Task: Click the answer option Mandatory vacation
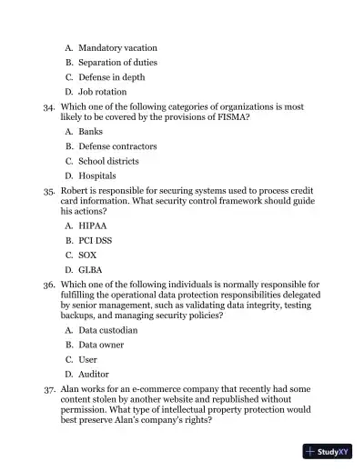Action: tap(117, 47)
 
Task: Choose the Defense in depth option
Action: tap(111, 77)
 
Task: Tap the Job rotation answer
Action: tap(103, 92)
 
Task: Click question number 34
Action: tap(49, 106)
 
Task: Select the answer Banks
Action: tap(91, 132)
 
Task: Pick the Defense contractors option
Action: tap(117, 145)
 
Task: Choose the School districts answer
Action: tap(110, 161)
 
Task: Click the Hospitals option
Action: tap(97, 175)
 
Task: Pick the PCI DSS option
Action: tap(96, 240)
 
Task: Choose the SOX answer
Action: tap(87, 256)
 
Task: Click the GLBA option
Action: tap(91, 270)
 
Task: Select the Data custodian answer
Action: tap(108, 330)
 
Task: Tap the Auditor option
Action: tap(94, 374)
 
